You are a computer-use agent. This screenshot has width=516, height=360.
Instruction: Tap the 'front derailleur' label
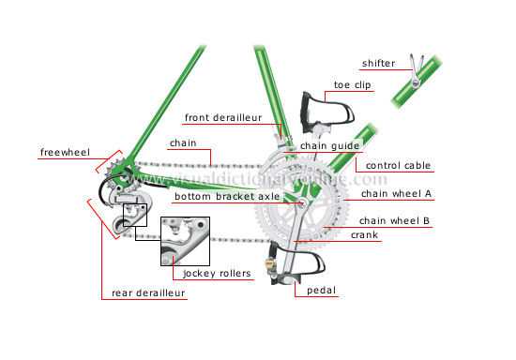pyautogui.click(x=224, y=117)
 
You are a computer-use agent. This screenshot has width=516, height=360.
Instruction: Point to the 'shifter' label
pyautogui.click(x=381, y=64)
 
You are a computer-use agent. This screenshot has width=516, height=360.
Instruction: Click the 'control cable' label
pyautogui.click(x=398, y=166)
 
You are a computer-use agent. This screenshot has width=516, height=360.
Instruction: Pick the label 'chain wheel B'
pyautogui.click(x=394, y=221)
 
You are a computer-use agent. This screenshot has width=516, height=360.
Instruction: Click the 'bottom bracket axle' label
pyautogui.click(x=226, y=197)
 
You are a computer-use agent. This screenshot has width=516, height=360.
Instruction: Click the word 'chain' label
pyautogui.click(x=183, y=143)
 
